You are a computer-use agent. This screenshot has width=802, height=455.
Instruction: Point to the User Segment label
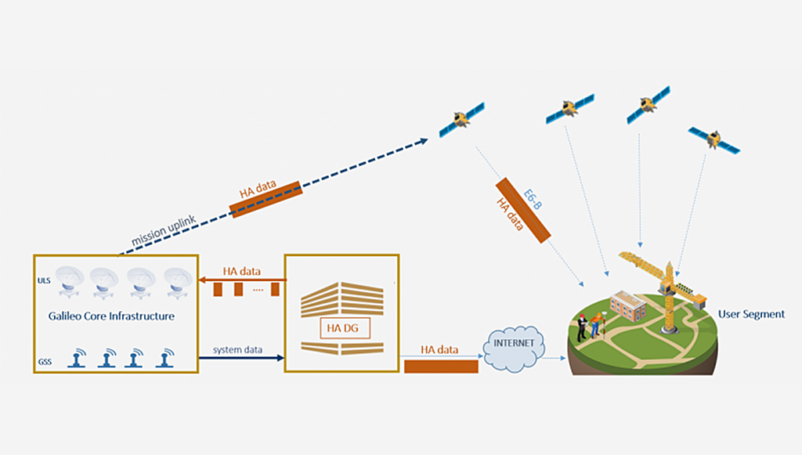tap(751, 314)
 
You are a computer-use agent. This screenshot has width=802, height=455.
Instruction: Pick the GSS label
tap(45, 363)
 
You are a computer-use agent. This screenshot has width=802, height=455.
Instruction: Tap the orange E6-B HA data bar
tap(522, 210)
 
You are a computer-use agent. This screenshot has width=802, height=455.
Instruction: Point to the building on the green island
tap(627, 307)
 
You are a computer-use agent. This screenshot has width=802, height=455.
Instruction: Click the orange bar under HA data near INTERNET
tap(441, 367)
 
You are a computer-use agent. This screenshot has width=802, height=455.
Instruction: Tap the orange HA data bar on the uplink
tap(266, 198)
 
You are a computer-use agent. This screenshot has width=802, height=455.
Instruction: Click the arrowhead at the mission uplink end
tap(423, 141)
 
